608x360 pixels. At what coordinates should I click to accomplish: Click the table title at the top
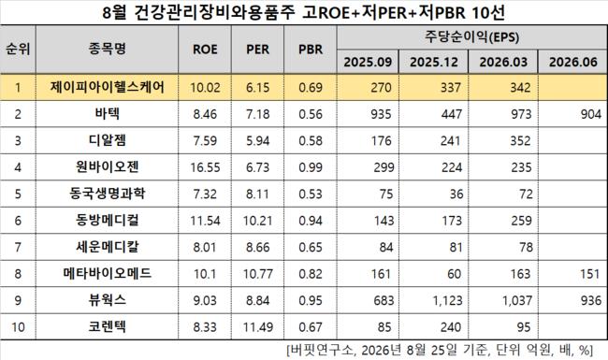[304, 12]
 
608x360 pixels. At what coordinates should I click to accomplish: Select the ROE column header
[205, 50]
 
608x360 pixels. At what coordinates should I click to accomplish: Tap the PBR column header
[311, 50]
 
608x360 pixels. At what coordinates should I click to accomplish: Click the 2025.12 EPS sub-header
[434, 62]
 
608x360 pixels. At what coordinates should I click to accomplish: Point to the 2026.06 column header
[573, 62]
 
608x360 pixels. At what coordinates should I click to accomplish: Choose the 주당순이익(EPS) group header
[471, 37]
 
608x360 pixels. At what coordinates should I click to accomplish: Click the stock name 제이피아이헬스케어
[107, 87]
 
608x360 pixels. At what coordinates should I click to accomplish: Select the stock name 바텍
[107, 113]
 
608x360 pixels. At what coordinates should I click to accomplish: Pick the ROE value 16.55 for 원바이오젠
[205, 167]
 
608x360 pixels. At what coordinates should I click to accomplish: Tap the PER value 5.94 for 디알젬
[258, 140]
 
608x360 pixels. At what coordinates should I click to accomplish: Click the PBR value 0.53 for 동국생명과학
[311, 194]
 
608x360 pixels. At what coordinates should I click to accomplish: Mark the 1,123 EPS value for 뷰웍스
[447, 300]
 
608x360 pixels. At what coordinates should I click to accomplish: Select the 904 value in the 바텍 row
[591, 114]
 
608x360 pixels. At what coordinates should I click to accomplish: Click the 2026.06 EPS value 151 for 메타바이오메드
[590, 274]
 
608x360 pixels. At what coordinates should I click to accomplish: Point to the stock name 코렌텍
[107, 326]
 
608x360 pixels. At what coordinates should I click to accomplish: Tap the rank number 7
[18, 247]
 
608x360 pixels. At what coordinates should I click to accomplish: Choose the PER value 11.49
[258, 327]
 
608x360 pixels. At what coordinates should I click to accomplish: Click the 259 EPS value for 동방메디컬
[521, 221]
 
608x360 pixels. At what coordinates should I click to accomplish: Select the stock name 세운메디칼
[107, 247]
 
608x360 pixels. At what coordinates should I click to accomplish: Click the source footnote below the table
[440, 351]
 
